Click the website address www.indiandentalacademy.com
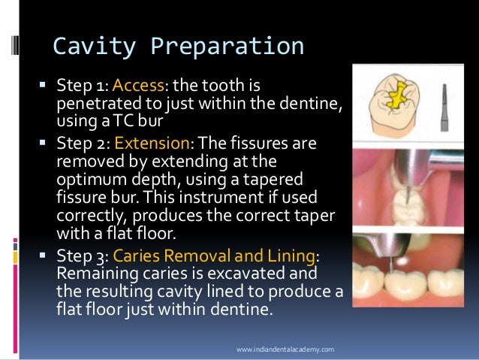pos(285,349)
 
